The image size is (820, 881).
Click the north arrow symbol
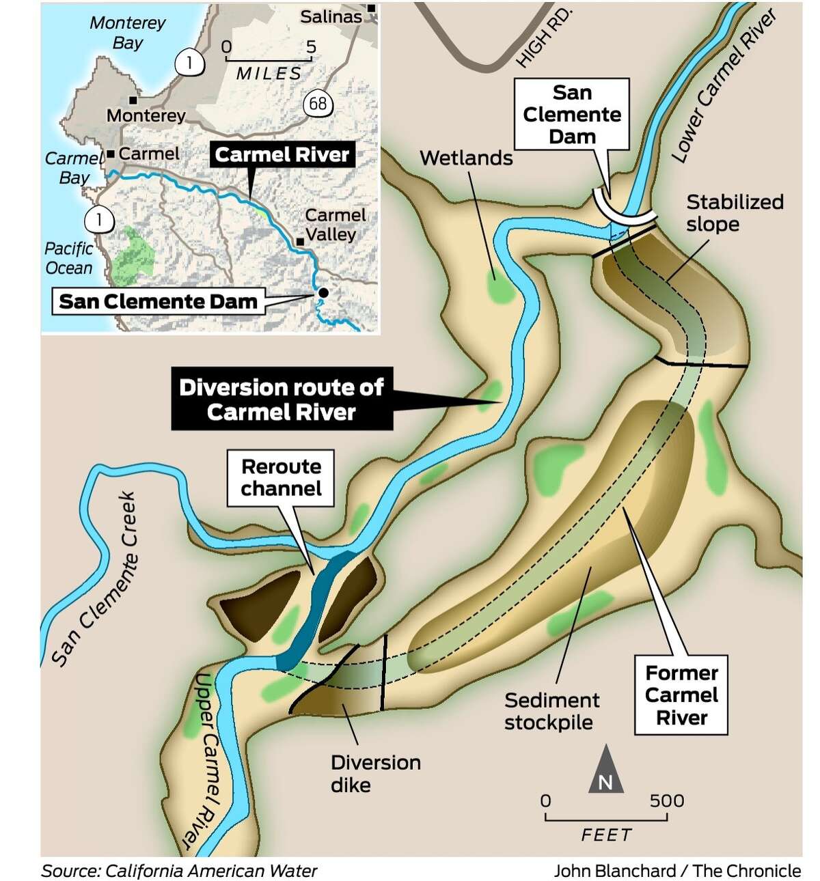click(x=605, y=770)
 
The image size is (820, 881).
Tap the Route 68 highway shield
click(x=318, y=104)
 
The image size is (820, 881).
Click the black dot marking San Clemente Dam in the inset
click(x=323, y=292)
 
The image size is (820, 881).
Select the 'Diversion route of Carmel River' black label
click(x=282, y=400)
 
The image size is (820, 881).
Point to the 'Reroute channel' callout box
click(x=281, y=477)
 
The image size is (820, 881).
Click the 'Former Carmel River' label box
click(x=681, y=695)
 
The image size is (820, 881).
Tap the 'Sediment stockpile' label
click(x=551, y=711)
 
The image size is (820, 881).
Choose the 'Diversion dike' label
click(x=375, y=773)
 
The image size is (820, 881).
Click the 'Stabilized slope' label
click(x=734, y=212)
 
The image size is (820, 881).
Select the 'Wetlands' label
click(x=466, y=158)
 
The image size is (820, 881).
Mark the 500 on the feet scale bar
click(x=666, y=800)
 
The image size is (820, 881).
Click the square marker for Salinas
click(x=372, y=8)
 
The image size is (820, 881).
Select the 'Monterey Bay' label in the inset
click(x=128, y=33)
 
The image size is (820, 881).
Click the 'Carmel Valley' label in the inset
click(x=334, y=225)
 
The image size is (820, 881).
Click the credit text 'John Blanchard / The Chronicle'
click(x=676, y=871)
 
